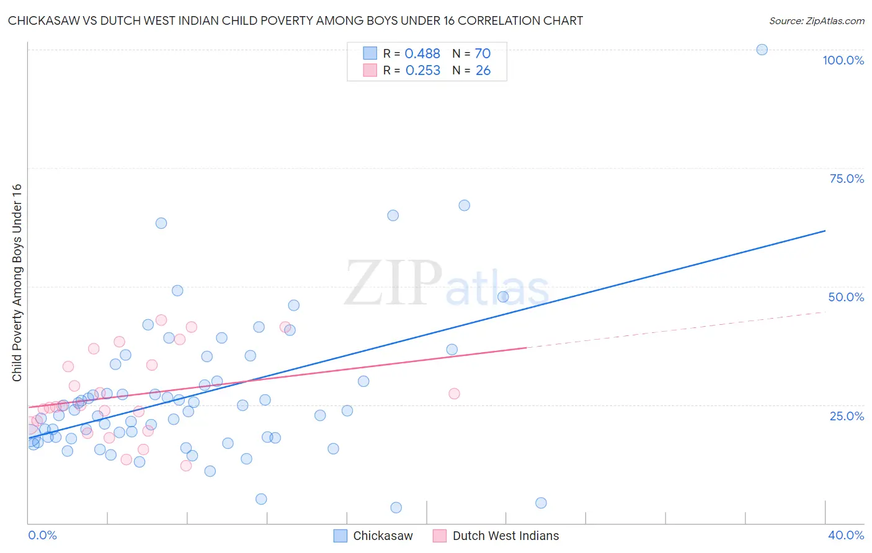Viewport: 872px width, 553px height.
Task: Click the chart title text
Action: (295, 20)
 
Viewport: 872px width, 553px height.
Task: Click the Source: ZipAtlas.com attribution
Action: (816, 20)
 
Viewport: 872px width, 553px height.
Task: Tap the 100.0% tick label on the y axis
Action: (843, 60)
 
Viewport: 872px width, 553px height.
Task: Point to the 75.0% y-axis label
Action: (847, 179)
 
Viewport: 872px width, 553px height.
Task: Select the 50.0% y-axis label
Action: (846, 297)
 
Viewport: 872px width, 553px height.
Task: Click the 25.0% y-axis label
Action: (847, 415)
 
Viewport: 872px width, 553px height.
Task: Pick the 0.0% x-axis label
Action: (42, 535)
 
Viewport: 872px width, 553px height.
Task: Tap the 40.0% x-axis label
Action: (845, 535)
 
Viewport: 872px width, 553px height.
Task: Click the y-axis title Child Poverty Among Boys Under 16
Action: (17, 283)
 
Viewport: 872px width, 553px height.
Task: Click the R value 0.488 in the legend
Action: (422, 54)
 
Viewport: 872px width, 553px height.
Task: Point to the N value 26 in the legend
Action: (483, 71)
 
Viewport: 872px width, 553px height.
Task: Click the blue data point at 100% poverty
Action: (762, 50)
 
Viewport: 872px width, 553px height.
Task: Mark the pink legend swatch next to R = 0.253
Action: (370, 70)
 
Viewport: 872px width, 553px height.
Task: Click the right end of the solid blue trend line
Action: (825, 231)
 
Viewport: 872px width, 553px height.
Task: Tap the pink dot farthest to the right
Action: (454, 394)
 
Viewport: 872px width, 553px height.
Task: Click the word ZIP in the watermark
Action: (393, 283)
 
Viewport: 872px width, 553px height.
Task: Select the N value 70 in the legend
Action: (483, 54)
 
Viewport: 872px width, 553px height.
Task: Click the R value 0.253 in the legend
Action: (423, 71)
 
